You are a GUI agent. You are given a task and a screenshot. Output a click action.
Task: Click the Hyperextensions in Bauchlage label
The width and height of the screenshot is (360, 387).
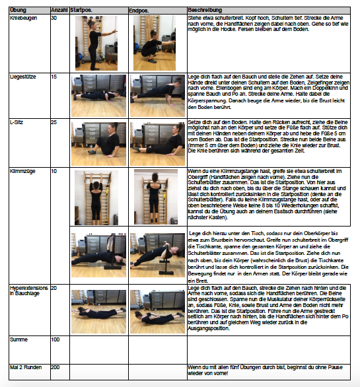(28, 291)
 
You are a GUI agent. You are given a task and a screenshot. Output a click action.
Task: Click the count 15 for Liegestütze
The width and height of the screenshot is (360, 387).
(54, 77)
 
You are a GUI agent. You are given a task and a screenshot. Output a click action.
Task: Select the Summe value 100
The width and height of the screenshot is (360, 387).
(55, 339)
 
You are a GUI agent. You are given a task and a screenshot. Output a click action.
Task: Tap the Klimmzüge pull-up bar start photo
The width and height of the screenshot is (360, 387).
(96, 196)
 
